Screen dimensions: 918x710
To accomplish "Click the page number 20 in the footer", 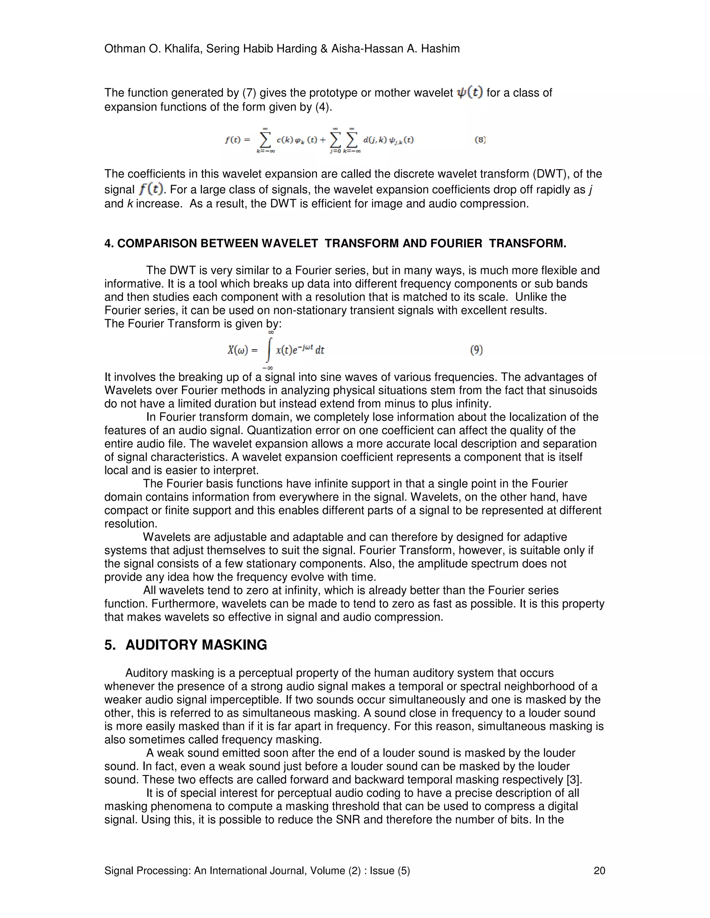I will (x=599, y=871).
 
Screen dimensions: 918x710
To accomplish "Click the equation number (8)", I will (x=480, y=140).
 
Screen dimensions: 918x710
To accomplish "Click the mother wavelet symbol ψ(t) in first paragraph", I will (x=470, y=92).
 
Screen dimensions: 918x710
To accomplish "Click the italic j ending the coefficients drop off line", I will (x=590, y=190).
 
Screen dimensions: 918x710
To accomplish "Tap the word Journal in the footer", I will (x=286, y=871).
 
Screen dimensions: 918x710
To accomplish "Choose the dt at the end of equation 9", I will (x=320, y=350).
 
